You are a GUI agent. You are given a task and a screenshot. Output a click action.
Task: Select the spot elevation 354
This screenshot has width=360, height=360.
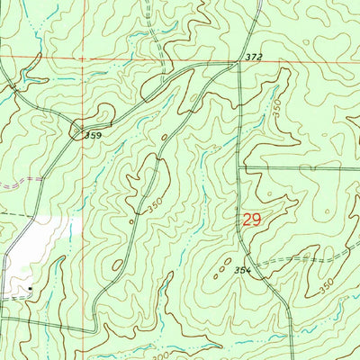[242, 269]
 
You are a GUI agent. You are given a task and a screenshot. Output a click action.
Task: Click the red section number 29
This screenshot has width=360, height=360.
[253, 219]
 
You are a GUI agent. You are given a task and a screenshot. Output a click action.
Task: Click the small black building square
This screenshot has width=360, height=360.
[30, 289]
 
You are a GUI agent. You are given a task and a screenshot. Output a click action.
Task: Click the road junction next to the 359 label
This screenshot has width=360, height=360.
[79, 126]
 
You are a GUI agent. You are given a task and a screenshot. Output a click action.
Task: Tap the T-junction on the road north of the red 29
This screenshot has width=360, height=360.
[240, 168]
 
